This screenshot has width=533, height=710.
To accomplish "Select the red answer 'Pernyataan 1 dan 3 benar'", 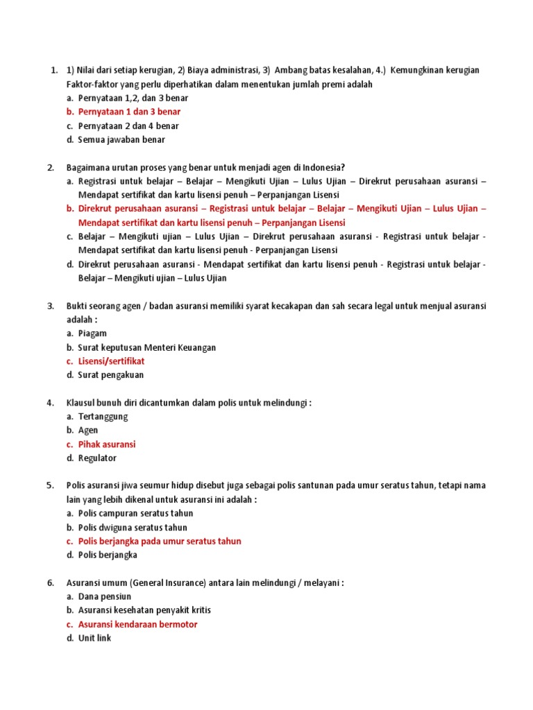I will click(128, 112).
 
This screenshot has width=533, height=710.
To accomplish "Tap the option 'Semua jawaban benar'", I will click(121, 139).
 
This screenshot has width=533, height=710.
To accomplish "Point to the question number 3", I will click(51, 306).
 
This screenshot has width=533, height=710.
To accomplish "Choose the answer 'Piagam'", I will click(92, 334).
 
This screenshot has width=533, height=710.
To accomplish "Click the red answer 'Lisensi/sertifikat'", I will click(111, 361).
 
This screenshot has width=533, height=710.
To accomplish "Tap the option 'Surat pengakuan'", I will click(111, 375).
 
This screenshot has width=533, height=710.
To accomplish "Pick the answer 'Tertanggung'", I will click(103, 417).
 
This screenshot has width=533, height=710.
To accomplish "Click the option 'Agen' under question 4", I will click(88, 431).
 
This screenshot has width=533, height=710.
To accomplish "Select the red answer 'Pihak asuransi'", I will click(107, 444).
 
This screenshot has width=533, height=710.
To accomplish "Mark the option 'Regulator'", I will click(97, 458).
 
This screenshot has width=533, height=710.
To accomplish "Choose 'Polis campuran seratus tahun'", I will click(135, 514).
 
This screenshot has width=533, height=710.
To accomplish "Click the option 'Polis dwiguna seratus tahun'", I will click(133, 528).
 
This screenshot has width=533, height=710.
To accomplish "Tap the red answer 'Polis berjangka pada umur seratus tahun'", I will click(160, 542).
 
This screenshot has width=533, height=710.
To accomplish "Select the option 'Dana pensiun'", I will click(104, 597).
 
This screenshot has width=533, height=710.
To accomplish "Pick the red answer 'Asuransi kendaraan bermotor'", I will click(137, 625).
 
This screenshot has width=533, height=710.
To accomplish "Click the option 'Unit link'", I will click(94, 639).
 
